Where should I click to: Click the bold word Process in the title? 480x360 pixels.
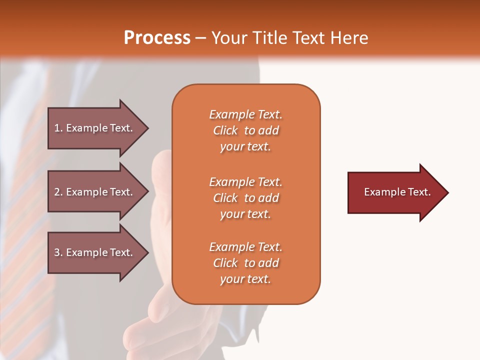157,38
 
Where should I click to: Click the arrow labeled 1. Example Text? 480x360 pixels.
95,128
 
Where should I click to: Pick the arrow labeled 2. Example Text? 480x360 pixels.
95,192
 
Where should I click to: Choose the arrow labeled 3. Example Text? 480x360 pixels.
95,252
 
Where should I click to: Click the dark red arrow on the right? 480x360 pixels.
395,192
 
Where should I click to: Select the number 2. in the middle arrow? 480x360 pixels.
58,192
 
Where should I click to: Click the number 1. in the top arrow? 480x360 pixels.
58,128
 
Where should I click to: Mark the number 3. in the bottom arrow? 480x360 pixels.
58,252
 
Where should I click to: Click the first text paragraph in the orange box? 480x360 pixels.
245,130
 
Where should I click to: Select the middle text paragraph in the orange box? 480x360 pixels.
245,198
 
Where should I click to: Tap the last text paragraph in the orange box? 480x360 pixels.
245,263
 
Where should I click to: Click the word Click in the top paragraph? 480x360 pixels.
225,130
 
